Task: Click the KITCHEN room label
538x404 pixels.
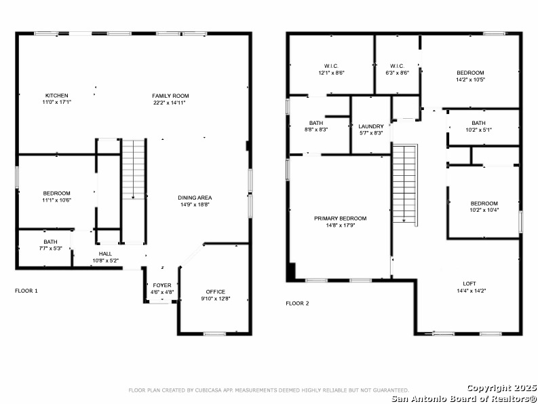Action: (57, 96)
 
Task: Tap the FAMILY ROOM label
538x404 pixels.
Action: (170, 96)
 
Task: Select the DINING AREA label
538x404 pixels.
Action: (195, 198)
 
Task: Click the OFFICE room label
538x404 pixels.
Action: (216, 292)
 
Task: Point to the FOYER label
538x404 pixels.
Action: (162, 285)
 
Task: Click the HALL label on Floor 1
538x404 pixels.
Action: (105, 254)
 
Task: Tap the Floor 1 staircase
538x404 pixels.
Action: (134, 169)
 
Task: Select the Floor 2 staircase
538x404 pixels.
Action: (405, 183)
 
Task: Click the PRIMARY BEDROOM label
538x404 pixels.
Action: (341, 219)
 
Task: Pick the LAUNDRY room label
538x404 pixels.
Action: (371, 126)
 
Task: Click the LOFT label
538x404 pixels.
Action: (469, 284)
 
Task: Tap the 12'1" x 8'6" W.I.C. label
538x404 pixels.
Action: (331, 73)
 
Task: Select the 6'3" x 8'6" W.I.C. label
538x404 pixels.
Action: (398, 73)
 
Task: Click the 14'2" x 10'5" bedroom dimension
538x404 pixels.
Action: (470, 79)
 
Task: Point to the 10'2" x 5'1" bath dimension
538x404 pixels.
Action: (479, 130)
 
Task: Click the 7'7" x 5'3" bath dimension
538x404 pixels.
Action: (50, 249)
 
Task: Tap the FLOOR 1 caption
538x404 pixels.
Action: (26, 291)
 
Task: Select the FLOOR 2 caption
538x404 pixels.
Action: (297, 304)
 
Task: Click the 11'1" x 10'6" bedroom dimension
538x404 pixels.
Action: (56, 200)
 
